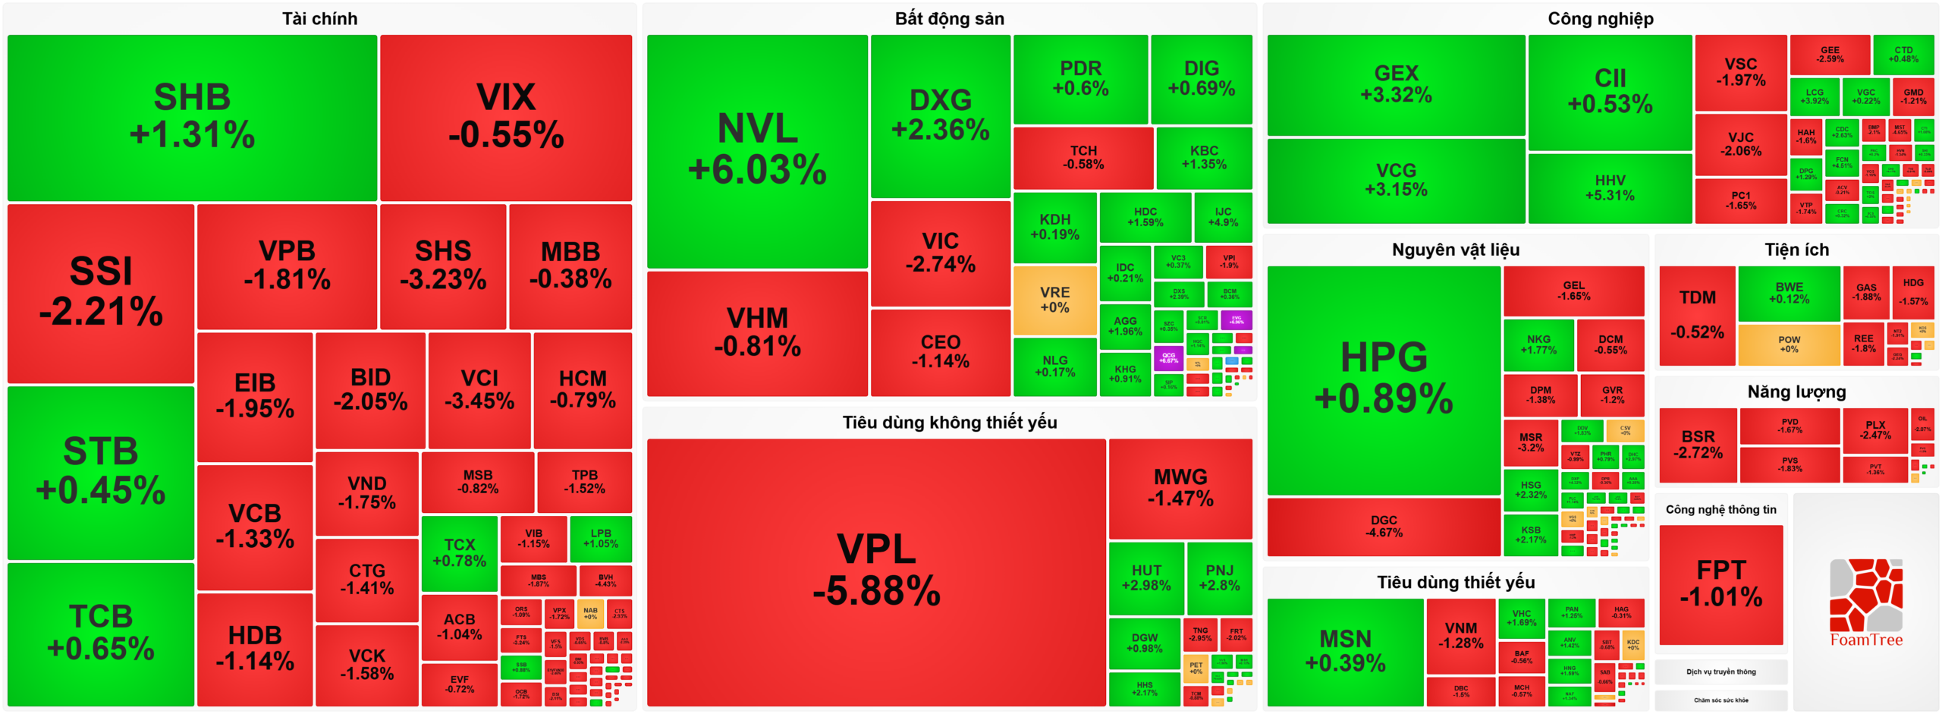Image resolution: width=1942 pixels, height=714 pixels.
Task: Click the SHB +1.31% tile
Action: [x=192, y=118]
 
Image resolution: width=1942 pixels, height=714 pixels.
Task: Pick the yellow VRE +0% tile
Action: [x=1054, y=300]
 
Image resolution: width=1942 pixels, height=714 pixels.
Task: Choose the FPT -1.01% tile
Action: [x=1720, y=583]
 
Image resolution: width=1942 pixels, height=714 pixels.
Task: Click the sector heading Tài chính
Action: [x=319, y=18]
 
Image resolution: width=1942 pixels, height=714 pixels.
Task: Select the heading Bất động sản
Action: [x=949, y=18]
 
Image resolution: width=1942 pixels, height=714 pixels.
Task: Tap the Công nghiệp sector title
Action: [x=1600, y=18]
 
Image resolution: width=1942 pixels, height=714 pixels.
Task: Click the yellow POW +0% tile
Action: [x=1788, y=344]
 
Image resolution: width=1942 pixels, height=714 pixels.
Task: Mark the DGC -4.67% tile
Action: [x=1383, y=526]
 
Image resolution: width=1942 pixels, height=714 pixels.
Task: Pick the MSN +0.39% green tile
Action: [x=1344, y=651]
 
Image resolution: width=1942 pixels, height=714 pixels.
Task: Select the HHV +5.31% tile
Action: [x=1609, y=187]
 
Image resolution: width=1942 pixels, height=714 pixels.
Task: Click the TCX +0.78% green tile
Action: [x=459, y=553]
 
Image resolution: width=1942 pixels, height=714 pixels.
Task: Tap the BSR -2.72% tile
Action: [x=1697, y=445]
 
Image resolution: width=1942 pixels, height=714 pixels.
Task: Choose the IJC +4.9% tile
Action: [x=1222, y=217]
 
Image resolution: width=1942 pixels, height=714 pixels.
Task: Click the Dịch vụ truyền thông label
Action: [x=1720, y=672]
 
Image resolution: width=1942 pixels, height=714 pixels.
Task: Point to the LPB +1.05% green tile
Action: [x=600, y=538]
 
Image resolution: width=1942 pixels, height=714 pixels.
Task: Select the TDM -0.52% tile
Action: [x=1696, y=314]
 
